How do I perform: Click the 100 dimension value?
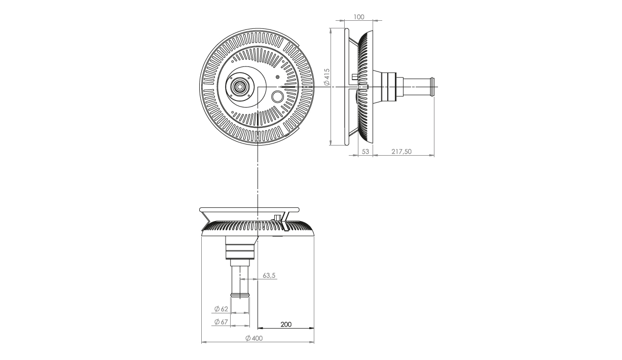click(359, 17)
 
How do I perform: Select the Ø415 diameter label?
click(327, 77)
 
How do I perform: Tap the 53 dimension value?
click(365, 152)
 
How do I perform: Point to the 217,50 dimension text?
click(401, 152)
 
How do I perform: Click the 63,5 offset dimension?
click(269, 275)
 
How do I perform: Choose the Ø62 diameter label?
click(221, 309)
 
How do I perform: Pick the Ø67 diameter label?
click(221, 321)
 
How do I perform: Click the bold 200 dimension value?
click(286, 324)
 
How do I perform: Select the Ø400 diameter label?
click(254, 338)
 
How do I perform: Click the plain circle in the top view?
click(277, 97)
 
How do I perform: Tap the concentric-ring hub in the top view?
click(239, 87)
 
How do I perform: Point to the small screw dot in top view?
click(277, 77)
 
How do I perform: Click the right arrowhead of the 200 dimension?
click(312, 329)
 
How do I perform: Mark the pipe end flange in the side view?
click(432, 87)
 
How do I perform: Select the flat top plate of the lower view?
click(249, 209)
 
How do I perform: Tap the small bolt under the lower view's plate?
click(277, 218)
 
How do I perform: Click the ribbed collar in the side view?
click(388, 87)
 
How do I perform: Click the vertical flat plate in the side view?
click(346, 87)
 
